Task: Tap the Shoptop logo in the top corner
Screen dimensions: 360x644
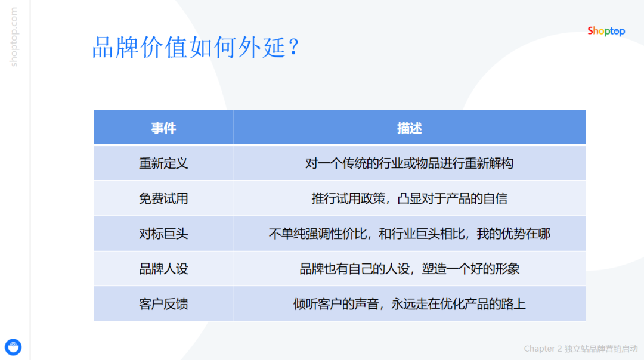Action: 606,31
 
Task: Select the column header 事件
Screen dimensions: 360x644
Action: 163,128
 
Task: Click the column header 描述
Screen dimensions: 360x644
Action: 409,128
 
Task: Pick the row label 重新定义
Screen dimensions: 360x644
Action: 163,163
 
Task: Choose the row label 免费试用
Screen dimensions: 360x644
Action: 163,198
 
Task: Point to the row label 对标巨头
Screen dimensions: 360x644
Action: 163,234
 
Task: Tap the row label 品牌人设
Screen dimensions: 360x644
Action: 163,269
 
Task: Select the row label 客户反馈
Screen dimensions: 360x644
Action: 163,304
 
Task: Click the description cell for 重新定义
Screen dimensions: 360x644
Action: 409,163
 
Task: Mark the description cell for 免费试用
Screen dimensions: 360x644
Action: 409,198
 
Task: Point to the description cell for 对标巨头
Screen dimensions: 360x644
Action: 409,234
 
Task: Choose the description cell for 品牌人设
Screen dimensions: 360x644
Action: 409,269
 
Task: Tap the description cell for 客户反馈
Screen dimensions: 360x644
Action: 409,304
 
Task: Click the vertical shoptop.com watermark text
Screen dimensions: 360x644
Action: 14,37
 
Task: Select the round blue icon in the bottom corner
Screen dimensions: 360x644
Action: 13,347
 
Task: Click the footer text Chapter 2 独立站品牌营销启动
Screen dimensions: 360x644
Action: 580,349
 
